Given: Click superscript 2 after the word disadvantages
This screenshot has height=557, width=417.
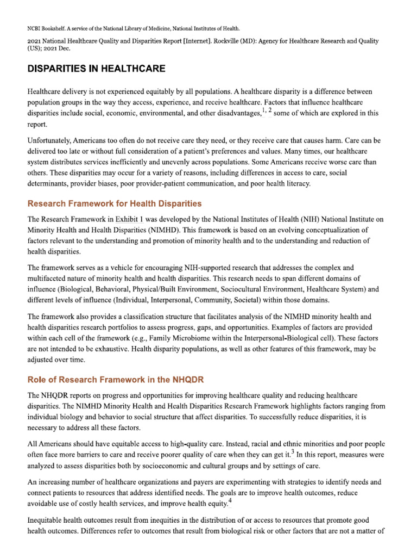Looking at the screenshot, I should (270, 110).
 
